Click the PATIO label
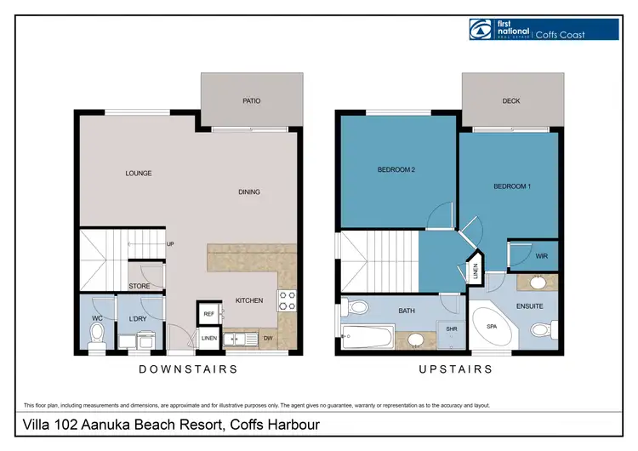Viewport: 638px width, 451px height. tap(251, 101)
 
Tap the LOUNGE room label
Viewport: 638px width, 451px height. tap(139, 174)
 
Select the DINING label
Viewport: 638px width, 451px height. tap(249, 192)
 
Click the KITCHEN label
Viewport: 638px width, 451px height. tap(249, 300)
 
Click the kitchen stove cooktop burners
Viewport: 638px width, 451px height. tap(288, 300)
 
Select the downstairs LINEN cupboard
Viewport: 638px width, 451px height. tap(209, 339)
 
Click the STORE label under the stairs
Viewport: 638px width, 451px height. tap(140, 286)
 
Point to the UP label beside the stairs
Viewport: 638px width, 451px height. tap(171, 243)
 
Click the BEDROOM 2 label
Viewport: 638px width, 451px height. tap(396, 169)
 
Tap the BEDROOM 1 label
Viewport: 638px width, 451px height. tap(512, 186)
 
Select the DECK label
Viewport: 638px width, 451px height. tap(511, 101)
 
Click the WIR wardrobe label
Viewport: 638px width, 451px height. tap(541, 255)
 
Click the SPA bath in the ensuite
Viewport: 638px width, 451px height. tap(492, 325)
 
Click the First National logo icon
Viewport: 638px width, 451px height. tap(481, 30)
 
